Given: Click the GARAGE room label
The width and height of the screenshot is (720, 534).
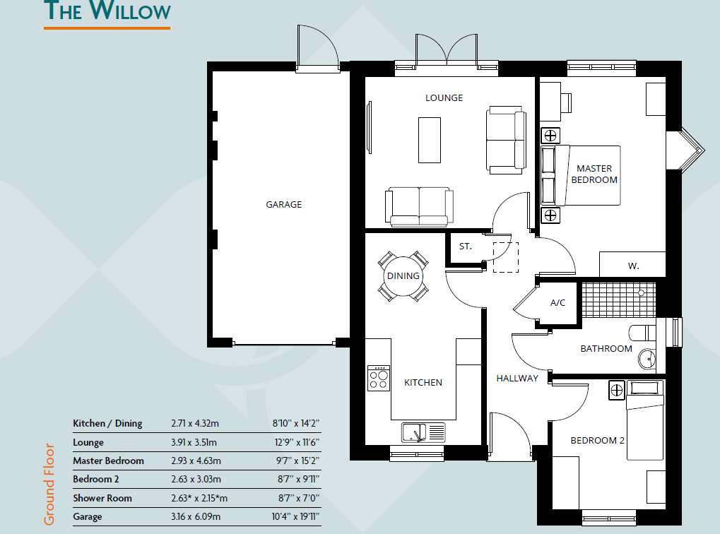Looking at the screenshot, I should tap(283, 205).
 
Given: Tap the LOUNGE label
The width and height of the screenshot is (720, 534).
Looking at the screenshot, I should tap(444, 97).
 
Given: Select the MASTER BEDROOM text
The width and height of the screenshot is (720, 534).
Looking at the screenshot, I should tap(594, 174).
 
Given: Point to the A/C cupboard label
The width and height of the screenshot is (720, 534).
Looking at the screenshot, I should tap(557, 303).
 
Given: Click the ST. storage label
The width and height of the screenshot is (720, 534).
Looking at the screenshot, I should tap(465, 247).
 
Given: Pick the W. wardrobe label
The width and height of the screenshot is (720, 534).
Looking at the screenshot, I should tap(633, 266).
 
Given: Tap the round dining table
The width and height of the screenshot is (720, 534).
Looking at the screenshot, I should tap(403, 276).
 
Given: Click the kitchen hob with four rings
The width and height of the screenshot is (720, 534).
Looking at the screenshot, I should tap(378, 379).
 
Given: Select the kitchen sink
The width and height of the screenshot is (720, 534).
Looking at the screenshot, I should tap(423, 432).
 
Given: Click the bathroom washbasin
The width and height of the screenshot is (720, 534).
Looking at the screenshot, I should tap(647, 360).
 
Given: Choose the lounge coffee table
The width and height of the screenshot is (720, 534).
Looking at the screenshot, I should tap(430, 139).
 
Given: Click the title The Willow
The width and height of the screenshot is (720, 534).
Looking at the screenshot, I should tap(107, 12).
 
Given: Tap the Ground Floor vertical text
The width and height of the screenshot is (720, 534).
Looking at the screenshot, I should tap(49, 484).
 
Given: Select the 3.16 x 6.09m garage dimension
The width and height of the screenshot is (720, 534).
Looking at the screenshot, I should tap(196, 516).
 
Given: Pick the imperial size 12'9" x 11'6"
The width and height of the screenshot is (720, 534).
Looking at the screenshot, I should tap(296, 442).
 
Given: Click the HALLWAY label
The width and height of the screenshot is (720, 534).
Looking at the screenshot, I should tap(517, 378).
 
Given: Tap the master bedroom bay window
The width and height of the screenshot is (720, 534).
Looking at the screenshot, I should tap(687, 150).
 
